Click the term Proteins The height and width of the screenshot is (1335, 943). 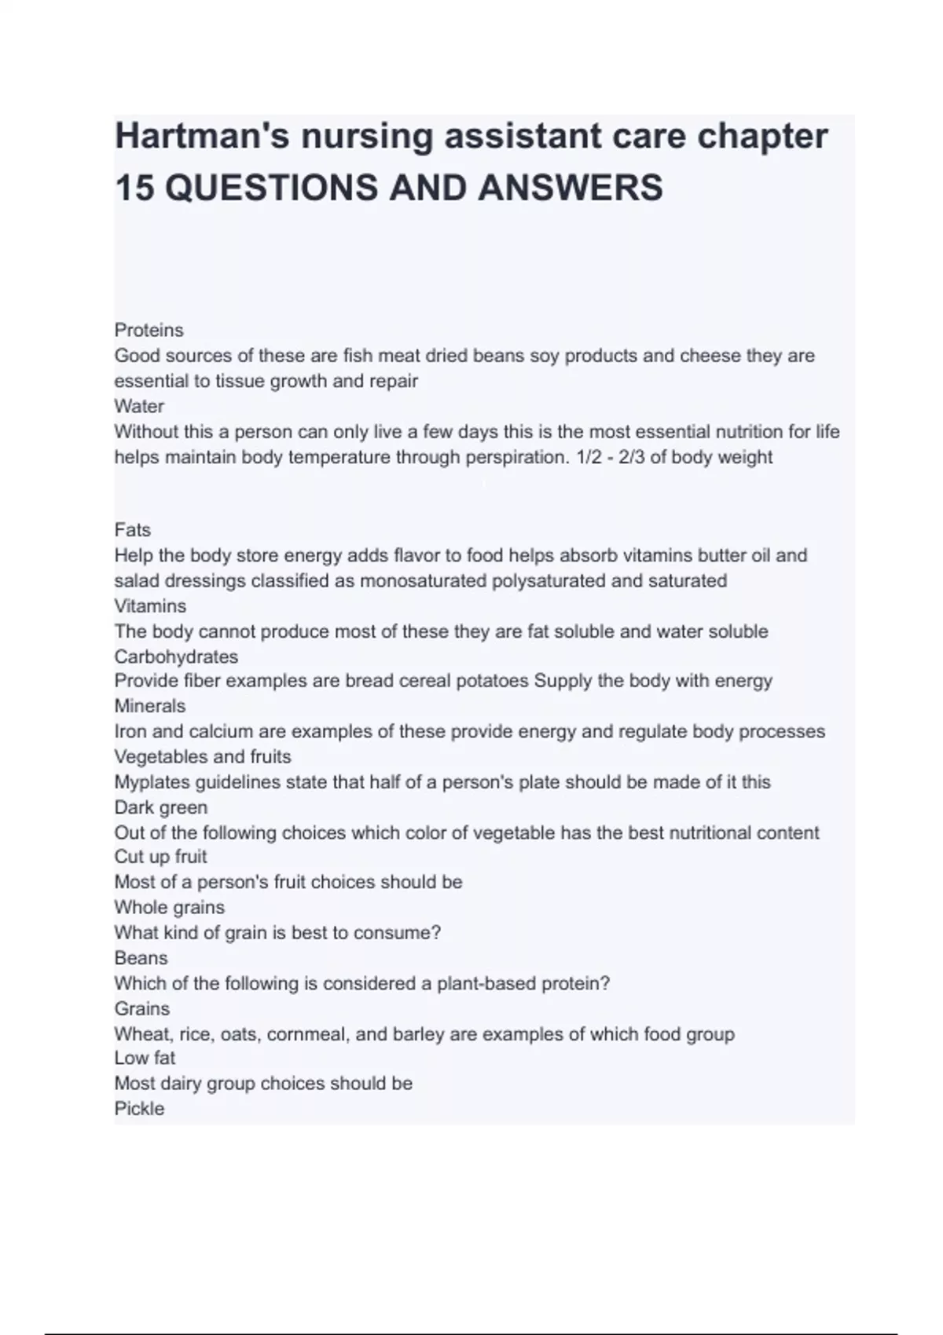pos(149,330)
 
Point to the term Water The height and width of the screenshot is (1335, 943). pos(139,406)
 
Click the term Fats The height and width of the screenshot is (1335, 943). pos(132,530)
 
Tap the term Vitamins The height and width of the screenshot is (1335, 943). pos(150,606)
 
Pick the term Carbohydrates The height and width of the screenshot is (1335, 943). pos(176,657)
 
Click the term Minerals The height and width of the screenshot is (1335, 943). pos(149,706)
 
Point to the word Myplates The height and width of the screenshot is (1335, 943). pos(152,782)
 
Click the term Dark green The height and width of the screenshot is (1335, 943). pos(161,807)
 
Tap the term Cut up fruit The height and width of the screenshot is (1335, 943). pos(160,857)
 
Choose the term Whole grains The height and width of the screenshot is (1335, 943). pos(169,907)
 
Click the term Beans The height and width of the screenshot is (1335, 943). pos(141,958)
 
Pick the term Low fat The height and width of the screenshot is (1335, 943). pos(145,1058)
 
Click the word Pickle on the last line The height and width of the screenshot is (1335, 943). pos(139,1109)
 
